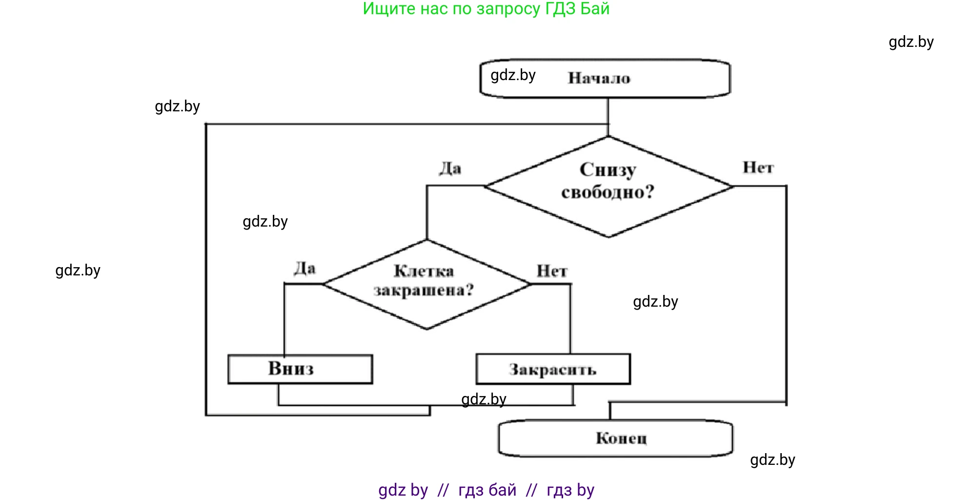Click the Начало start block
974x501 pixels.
pyautogui.click(x=605, y=79)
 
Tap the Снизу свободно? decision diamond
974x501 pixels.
pyautogui.click(x=608, y=186)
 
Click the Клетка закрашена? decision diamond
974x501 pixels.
pyautogui.click(x=426, y=284)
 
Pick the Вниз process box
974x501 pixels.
pyautogui.click(x=300, y=369)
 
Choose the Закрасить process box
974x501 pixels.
pyautogui.click(x=553, y=369)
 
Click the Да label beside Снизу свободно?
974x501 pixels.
pyautogui.click(x=449, y=168)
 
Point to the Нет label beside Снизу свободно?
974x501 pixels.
pyautogui.click(x=758, y=167)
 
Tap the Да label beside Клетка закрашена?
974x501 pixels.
pyautogui.click(x=304, y=268)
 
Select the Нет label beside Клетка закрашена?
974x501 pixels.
pyautogui.click(x=552, y=271)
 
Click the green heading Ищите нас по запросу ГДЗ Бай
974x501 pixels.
pyautogui.click(x=486, y=9)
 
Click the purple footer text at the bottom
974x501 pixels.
pyautogui.click(x=486, y=490)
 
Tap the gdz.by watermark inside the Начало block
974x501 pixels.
pyautogui.click(x=513, y=75)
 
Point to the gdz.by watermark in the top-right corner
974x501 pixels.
pyautogui.click(x=911, y=42)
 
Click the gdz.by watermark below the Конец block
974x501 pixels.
pyautogui.click(x=772, y=460)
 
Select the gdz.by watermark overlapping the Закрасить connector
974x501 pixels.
pyautogui.click(x=484, y=399)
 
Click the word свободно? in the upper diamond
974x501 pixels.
pyautogui.click(x=608, y=192)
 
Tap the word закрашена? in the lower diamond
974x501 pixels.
pyautogui.click(x=424, y=291)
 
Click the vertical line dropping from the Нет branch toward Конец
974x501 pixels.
pyautogui.click(x=786, y=293)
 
